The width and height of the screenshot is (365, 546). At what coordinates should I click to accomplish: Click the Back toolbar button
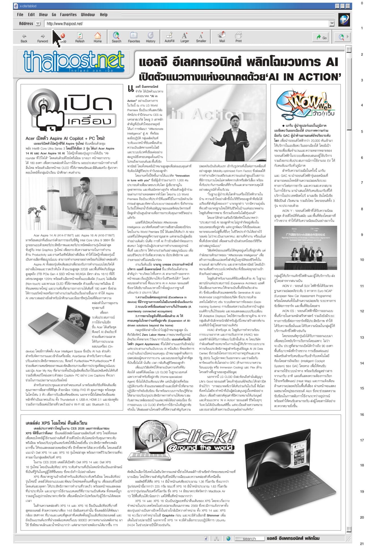(24, 37)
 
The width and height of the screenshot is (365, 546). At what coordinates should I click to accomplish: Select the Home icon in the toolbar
(98, 37)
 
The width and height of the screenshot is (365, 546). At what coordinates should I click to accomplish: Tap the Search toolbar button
(116, 37)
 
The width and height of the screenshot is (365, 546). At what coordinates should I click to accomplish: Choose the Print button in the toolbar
(238, 37)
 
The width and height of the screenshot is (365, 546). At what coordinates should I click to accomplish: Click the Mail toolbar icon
(222, 37)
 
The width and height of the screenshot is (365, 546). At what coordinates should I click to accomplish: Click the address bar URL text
(65, 24)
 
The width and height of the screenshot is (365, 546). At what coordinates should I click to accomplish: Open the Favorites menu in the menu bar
(68, 15)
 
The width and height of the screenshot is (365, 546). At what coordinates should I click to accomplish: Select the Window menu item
(88, 15)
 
